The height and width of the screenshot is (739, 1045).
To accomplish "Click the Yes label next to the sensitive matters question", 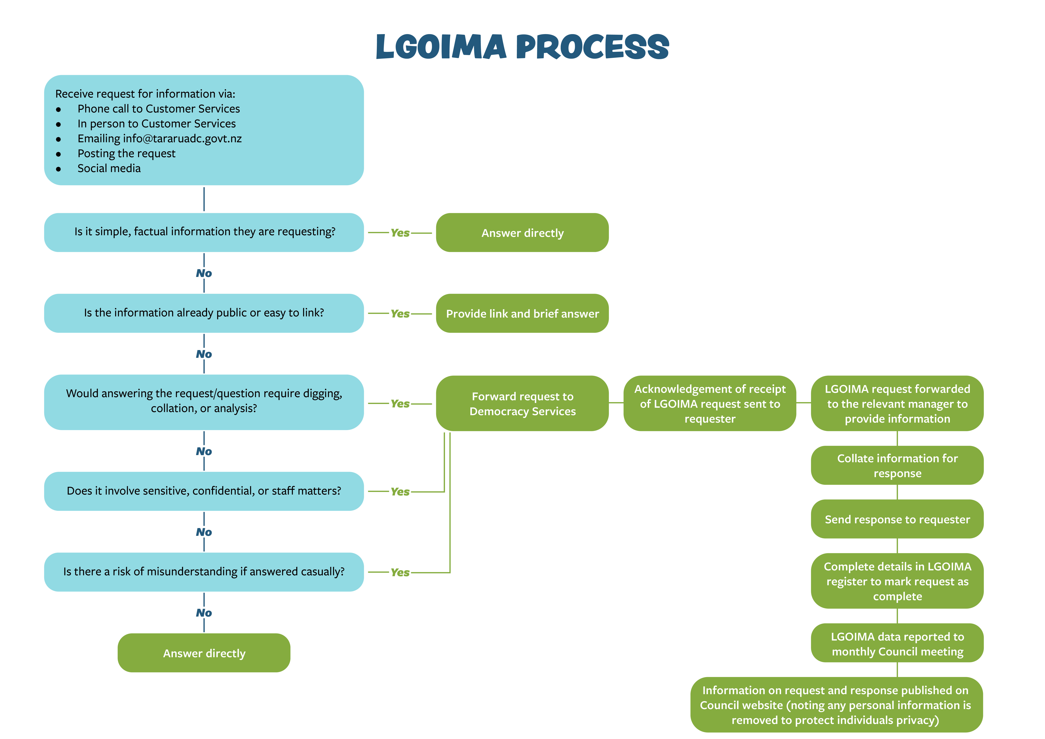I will tap(400, 492).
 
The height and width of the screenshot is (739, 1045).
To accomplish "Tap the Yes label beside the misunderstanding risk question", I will tap(400, 572).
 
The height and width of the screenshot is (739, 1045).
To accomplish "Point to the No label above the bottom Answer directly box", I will tap(204, 613).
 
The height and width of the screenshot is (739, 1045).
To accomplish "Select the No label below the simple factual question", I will tap(204, 273).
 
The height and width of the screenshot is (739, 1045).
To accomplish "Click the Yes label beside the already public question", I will tap(400, 314).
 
